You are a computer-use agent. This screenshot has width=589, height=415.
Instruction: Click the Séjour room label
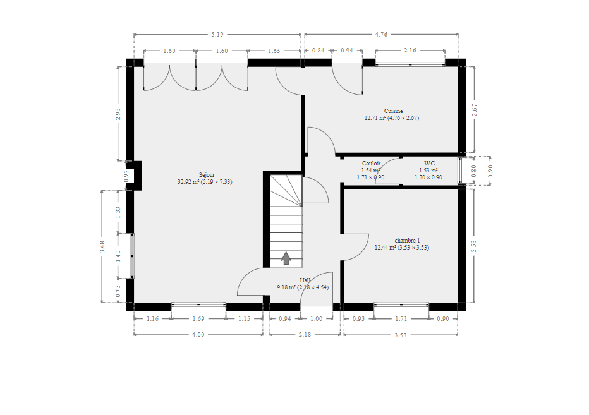207,174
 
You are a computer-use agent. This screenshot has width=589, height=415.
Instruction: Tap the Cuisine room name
393,111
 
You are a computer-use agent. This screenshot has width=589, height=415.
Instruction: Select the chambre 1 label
407,241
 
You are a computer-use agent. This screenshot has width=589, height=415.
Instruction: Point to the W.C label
429,164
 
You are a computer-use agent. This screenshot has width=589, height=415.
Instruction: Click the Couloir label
371,164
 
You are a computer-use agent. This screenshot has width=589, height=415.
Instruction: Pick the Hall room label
305,280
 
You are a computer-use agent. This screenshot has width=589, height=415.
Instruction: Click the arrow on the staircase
286,258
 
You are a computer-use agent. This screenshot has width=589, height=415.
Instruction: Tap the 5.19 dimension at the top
217,35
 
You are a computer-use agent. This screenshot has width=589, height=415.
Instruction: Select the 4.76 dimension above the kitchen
381,35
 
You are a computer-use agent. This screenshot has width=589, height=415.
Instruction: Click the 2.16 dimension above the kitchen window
410,51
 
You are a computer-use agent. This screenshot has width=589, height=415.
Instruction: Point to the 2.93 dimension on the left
118,114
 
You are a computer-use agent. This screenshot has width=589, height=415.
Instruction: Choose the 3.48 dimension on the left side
102,247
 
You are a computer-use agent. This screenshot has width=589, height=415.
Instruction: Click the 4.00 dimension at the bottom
198,335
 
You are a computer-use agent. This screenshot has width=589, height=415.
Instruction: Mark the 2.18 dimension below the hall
305,335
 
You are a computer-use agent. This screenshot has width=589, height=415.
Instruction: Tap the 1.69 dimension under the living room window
198,319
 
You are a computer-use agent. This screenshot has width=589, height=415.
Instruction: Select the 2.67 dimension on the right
474,110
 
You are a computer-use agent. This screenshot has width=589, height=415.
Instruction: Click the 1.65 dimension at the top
274,51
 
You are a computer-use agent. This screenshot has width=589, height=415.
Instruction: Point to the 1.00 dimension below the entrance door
316,319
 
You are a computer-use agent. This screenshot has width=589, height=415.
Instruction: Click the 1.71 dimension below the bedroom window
401,319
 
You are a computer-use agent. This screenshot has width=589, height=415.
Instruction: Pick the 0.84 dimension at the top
318,51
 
